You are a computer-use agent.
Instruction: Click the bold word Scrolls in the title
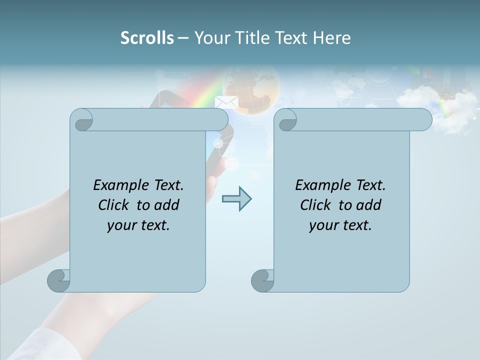click(x=147, y=38)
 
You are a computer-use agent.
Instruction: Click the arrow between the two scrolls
click(x=236, y=199)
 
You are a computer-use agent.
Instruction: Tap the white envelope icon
click(x=226, y=102)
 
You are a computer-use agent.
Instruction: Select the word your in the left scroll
click(x=121, y=225)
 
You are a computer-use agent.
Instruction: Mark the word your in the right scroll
click(x=323, y=225)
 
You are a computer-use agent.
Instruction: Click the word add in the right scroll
click(x=369, y=205)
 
